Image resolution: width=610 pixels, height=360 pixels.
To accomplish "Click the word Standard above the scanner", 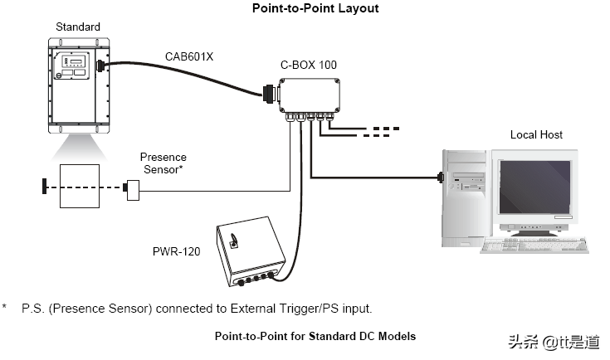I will point(78,27).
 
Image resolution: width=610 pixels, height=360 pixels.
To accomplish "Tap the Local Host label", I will point(535,134).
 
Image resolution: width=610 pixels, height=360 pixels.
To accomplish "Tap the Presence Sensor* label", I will point(163,163).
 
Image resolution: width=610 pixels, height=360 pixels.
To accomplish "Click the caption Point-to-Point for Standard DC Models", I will point(315,336).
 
